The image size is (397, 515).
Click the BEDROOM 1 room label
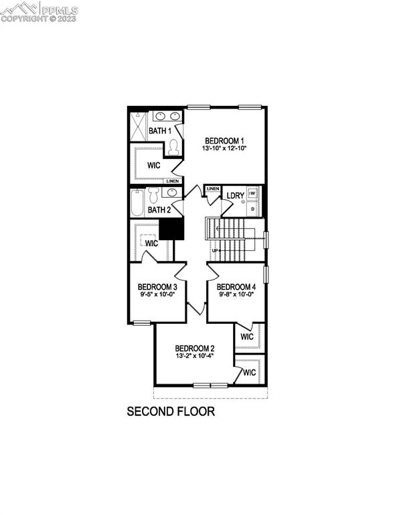[224, 140]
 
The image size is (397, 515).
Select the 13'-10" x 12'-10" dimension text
[224, 149]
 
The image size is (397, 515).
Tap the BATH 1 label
[159, 130]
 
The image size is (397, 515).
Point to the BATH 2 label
[159, 210]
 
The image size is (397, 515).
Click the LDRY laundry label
[235, 196]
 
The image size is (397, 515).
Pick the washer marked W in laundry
[252, 194]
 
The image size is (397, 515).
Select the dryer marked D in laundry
[252, 209]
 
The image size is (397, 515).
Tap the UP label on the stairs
[216, 251]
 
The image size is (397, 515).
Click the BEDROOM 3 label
[158, 286]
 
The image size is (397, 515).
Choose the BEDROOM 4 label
[236, 286]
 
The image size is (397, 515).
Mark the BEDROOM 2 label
[194, 348]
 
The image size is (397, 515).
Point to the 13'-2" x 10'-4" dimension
[194, 357]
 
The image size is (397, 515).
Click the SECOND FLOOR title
[171, 411]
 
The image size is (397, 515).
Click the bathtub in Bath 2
[137, 203]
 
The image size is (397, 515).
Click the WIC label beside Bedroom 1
[153, 165]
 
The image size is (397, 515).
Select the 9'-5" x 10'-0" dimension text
[158, 294]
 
